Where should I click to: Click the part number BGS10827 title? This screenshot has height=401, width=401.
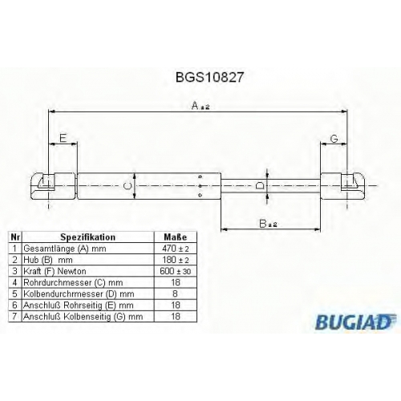click(x=209, y=77)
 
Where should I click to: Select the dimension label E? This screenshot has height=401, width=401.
click(x=63, y=138)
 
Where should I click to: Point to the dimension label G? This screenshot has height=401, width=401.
click(x=334, y=139)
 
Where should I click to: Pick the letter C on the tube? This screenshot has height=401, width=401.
click(x=128, y=186)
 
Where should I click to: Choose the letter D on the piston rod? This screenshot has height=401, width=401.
click(x=260, y=185)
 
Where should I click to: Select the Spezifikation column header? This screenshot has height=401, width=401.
click(x=88, y=237)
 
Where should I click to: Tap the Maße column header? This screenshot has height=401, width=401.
click(x=176, y=237)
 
